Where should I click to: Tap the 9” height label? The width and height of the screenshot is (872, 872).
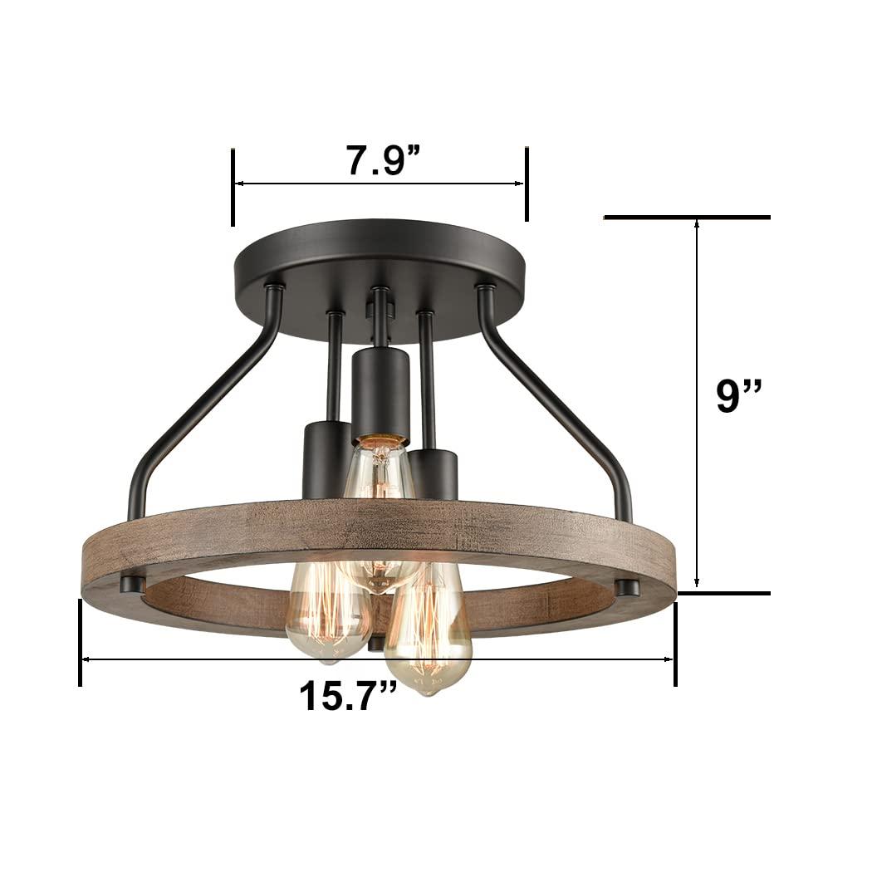739,397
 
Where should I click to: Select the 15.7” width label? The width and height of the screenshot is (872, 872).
348,695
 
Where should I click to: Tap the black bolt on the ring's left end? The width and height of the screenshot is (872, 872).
129,584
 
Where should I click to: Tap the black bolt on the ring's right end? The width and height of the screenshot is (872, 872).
629,588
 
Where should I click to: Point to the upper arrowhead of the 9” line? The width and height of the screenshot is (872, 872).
697,224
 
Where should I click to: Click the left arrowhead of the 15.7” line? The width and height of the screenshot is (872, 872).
86,660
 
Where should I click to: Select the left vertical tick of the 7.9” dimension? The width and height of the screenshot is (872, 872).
233,186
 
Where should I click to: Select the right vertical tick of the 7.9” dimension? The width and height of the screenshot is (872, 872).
526,184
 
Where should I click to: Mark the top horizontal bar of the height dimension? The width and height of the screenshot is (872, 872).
687,218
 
